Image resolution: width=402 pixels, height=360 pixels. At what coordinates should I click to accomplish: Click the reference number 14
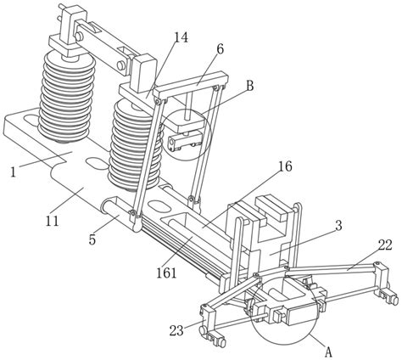click(x=181, y=37)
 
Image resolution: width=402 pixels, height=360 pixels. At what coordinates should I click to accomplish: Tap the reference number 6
click(x=220, y=49)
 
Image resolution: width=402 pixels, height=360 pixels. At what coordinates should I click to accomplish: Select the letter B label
click(x=249, y=86)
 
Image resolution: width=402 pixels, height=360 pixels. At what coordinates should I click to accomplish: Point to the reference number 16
click(x=285, y=166)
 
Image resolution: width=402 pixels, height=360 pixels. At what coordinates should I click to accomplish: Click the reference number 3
click(x=338, y=226)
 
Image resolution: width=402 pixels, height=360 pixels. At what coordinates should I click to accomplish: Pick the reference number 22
click(x=385, y=245)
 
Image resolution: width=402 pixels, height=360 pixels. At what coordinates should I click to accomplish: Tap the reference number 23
click(x=176, y=330)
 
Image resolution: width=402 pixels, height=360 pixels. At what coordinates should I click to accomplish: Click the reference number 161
click(x=166, y=273)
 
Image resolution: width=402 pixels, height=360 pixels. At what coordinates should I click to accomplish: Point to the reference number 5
click(x=92, y=239)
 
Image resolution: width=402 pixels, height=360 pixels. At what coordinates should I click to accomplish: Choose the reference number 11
click(x=53, y=221)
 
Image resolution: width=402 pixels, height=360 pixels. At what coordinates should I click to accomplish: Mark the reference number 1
click(x=14, y=172)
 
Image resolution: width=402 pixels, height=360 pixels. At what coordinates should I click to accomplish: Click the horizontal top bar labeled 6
click(x=190, y=85)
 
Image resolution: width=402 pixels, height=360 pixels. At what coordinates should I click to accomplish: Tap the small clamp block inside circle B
click(x=186, y=142)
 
